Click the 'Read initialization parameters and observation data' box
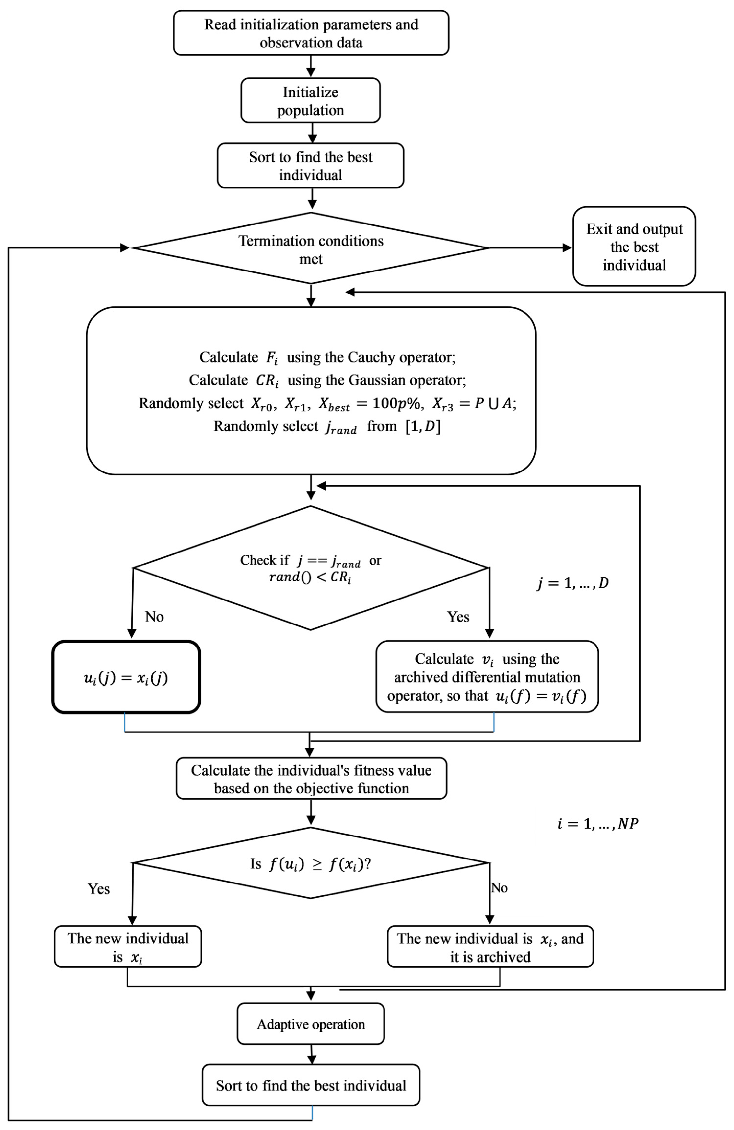click(x=311, y=33)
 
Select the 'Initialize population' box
click(x=311, y=101)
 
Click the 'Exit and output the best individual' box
click(x=634, y=247)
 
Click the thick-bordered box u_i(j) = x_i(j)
click(x=126, y=678)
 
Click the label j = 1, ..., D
click(x=572, y=583)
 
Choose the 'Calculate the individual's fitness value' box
click(x=311, y=779)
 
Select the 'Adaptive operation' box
click(x=311, y=1024)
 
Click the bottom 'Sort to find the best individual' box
click(x=311, y=1085)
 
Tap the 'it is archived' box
click(x=490, y=947)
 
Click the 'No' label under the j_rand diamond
click(x=154, y=617)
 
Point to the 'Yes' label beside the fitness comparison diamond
click(x=99, y=889)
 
